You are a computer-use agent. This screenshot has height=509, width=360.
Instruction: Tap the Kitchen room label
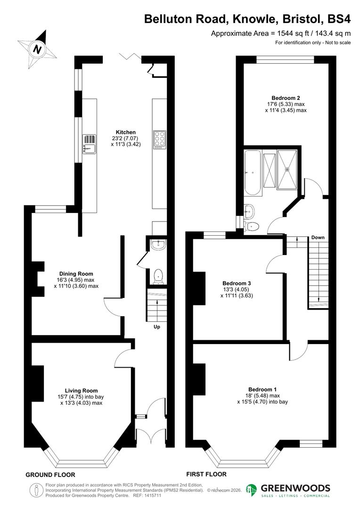pos(126,132)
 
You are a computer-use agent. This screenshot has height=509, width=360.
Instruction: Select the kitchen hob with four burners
pos(159,140)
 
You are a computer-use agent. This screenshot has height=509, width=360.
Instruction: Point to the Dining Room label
pos(76,274)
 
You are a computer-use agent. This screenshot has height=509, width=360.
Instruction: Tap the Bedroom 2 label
pos(286,98)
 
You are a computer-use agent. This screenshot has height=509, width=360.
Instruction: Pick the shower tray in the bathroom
pos(287,169)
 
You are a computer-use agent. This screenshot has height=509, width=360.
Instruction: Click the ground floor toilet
pos(158,276)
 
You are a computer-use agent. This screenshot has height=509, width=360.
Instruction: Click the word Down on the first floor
pos(318,238)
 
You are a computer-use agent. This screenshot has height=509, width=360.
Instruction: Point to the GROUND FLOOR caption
pos(50,475)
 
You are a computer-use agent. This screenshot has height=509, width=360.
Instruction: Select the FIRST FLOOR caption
pos(206,474)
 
